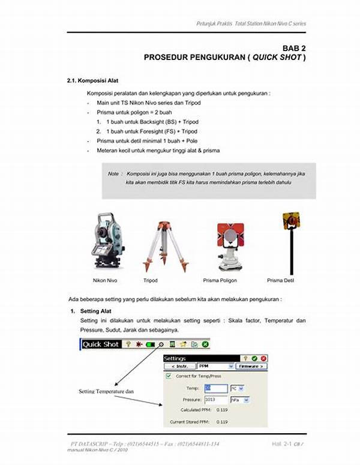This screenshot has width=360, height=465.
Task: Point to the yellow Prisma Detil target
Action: coord(291,222)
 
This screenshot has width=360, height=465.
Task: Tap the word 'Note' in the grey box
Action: coord(114,173)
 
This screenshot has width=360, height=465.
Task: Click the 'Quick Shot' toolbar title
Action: coord(100,344)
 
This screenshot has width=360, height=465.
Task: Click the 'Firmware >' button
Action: coord(250,366)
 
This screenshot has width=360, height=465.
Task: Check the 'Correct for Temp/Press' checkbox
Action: coord(167,376)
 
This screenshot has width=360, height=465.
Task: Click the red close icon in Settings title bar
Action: coord(263,358)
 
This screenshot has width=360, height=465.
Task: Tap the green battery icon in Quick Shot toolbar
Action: coord(149,344)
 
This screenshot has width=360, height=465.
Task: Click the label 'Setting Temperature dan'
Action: coord(106,391)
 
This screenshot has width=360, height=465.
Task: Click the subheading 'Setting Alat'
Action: coord(97,311)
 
